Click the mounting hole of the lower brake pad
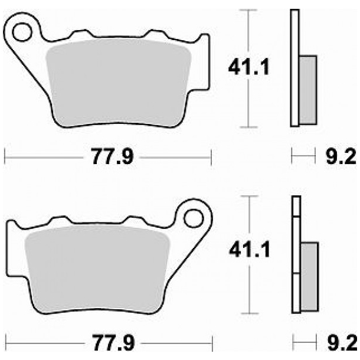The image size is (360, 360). [x=192, y=218]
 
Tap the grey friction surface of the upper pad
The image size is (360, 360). [x=118, y=83]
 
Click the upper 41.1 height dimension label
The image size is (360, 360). [x=249, y=69]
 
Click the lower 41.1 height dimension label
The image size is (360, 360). [x=249, y=251]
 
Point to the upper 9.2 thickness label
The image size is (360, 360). [x=340, y=157]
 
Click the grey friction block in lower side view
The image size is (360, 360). [x=309, y=276]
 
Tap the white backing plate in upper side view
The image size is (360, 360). [x=294, y=68]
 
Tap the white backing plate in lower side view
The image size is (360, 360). [x=296, y=254]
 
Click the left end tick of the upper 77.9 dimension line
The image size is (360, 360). [x=5, y=157]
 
